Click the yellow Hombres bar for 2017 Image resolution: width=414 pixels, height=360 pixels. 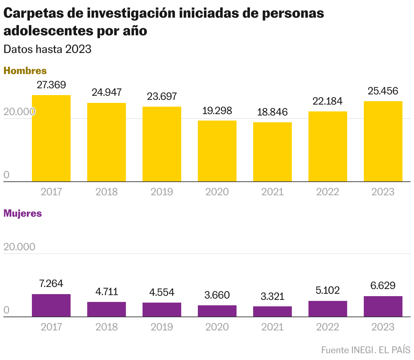(51, 138)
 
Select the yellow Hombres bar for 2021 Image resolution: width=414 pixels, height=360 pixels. (272, 152)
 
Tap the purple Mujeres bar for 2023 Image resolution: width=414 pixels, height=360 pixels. (383, 306)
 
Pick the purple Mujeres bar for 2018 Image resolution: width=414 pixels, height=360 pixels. (107, 309)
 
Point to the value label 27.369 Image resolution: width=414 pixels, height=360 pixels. (51, 85)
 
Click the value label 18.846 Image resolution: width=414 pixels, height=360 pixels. (272, 112)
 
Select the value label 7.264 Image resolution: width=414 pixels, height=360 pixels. (51, 284)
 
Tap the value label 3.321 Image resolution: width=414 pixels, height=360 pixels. (272, 296)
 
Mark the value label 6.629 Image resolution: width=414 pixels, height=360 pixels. (383, 286)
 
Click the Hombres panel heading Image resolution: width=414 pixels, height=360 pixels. (25, 71)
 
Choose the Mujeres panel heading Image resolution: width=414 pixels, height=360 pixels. (23, 213)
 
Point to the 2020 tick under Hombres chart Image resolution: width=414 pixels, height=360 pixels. (217, 192)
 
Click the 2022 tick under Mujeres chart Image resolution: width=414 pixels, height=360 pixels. (327, 327)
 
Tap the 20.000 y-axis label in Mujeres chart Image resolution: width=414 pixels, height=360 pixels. (19, 247)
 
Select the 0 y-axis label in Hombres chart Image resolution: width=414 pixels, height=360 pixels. (6, 175)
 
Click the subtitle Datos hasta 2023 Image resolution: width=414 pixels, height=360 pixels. (48, 49)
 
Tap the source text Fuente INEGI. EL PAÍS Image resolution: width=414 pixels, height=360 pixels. (366, 350)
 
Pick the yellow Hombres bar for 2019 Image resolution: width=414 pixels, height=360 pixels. (162, 144)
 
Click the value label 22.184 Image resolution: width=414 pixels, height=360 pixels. (327, 101)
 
